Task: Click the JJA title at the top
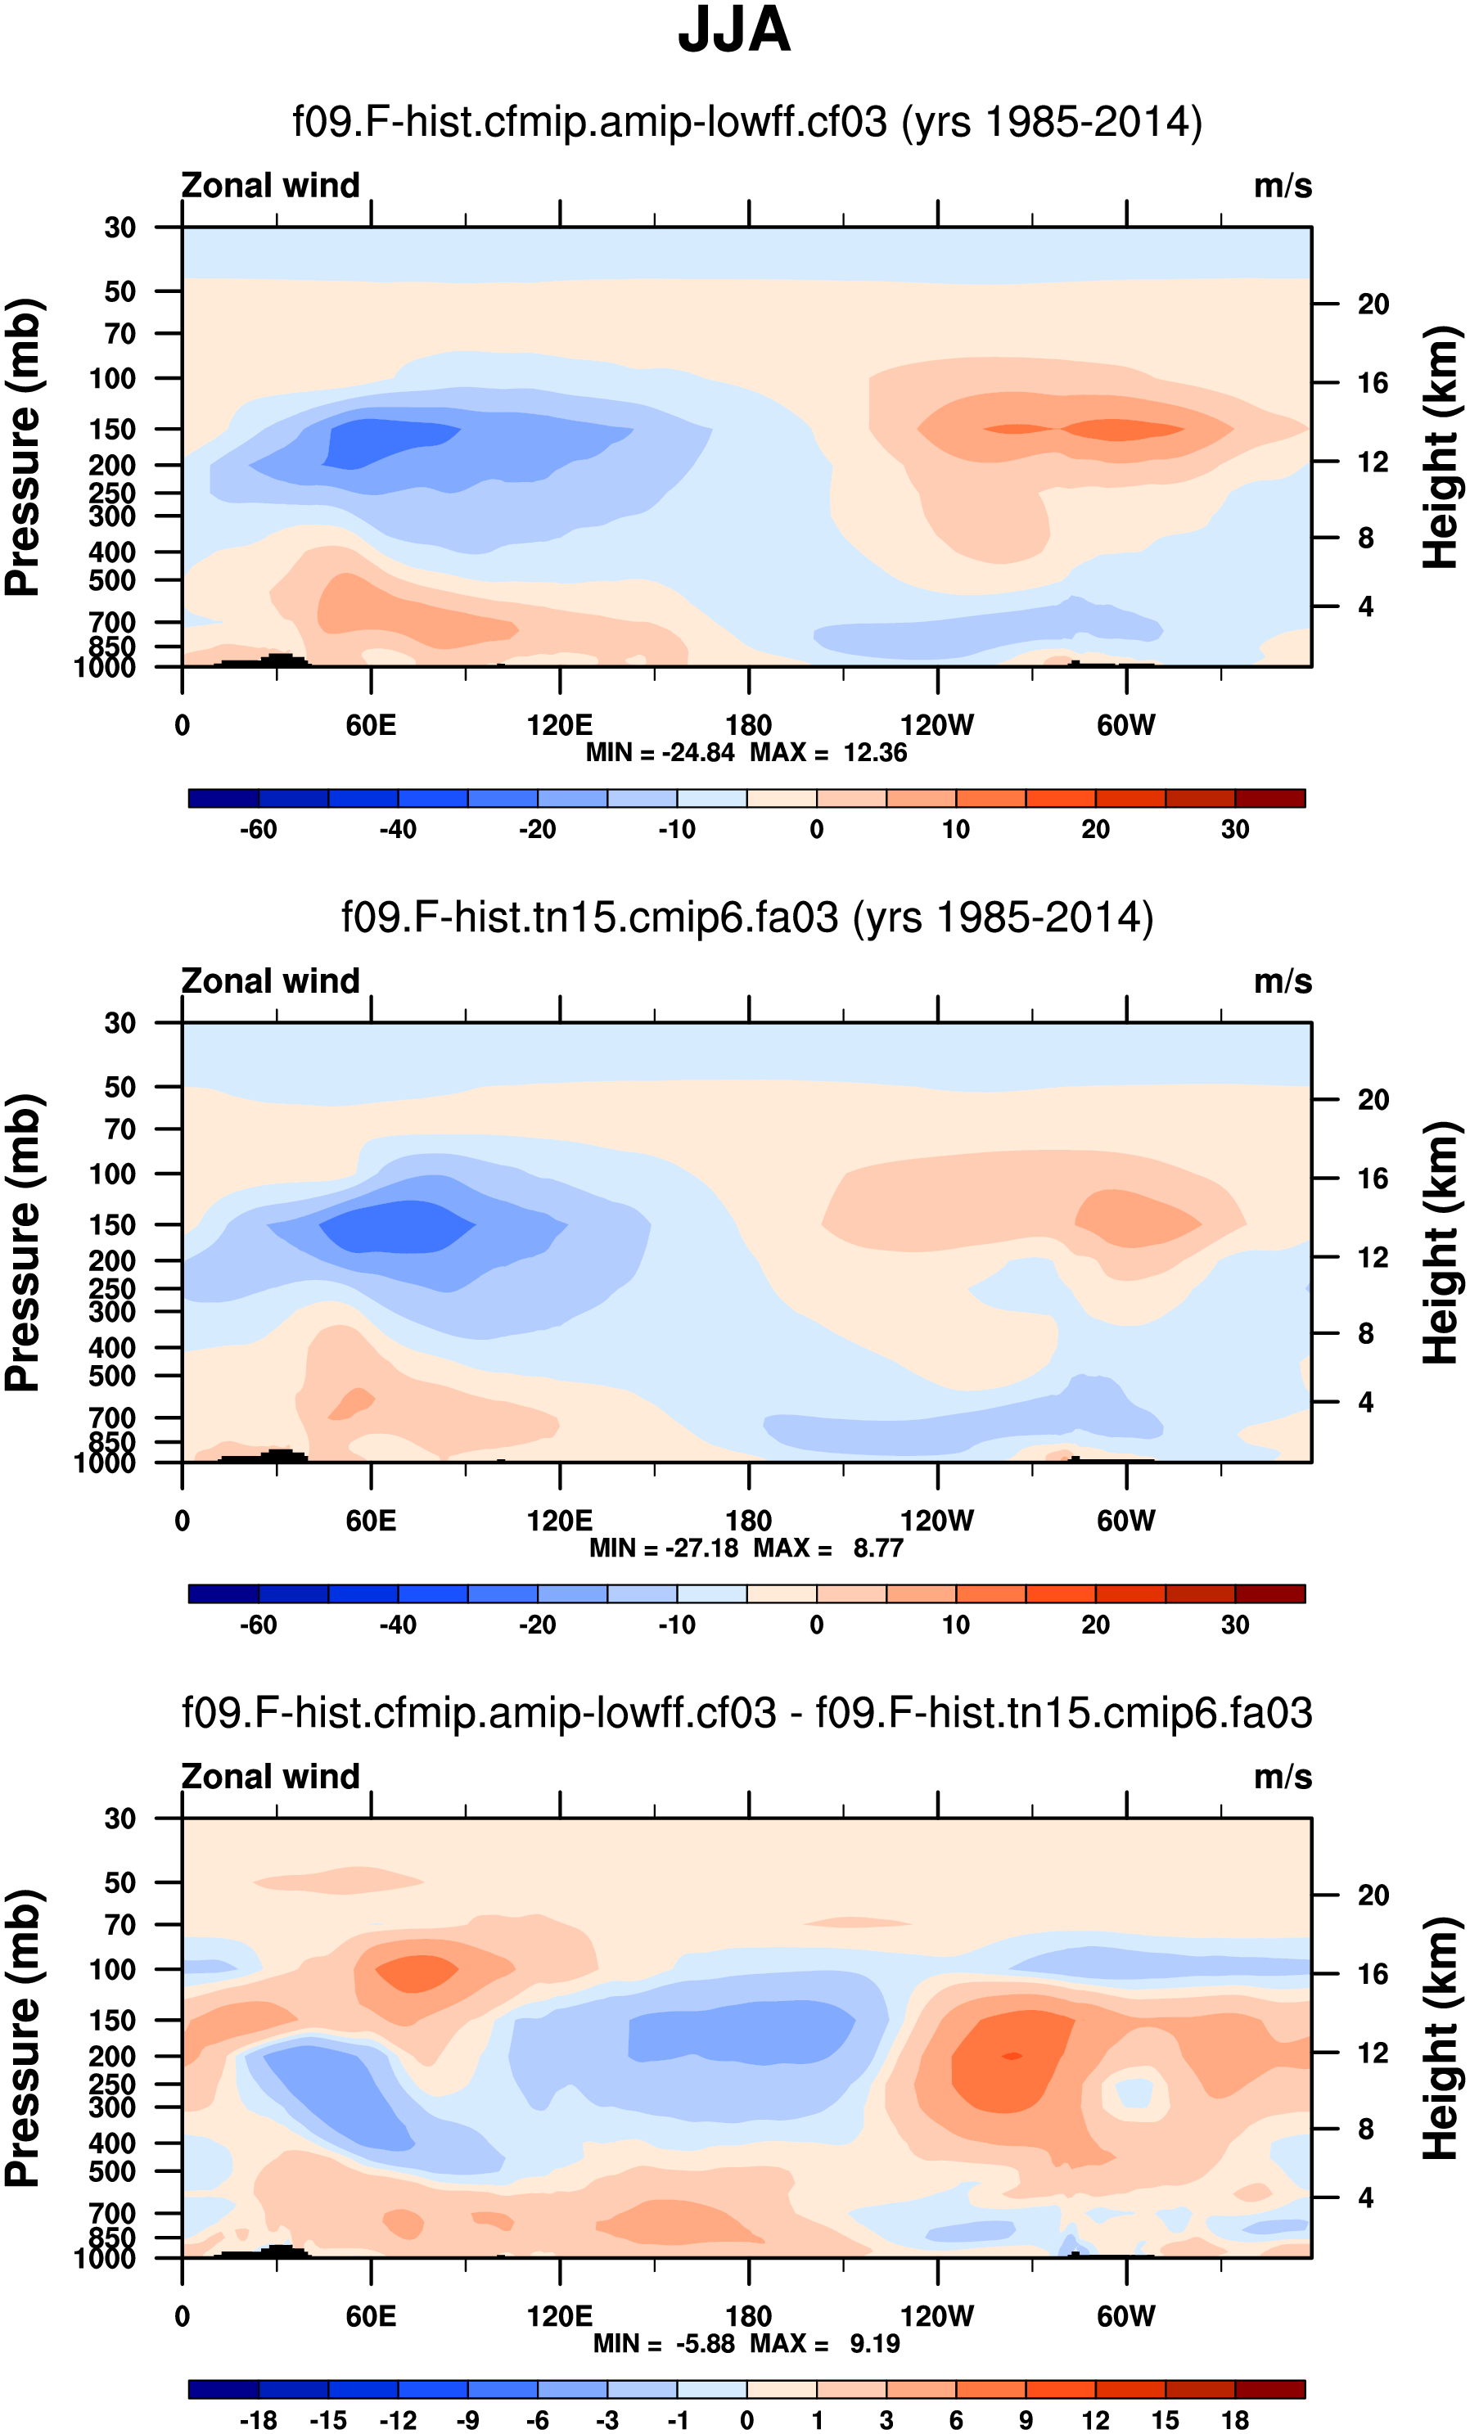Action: (734, 30)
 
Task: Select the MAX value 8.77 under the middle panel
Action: (878, 1548)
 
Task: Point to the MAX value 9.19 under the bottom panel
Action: (875, 2343)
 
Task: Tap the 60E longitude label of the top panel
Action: (371, 726)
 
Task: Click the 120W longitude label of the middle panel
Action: (936, 1521)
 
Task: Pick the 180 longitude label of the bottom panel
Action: (748, 2316)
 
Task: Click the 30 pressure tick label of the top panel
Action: (119, 228)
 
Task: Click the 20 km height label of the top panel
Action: (1373, 304)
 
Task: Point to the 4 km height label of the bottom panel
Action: (1365, 2198)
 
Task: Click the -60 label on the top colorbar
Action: (258, 830)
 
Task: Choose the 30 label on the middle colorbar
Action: (1235, 1625)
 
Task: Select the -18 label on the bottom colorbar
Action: (258, 2420)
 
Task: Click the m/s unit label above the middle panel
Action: (1283, 982)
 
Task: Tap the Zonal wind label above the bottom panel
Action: (271, 1777)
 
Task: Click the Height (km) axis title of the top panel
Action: (1441, 447)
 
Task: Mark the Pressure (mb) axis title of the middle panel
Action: (24, 1242)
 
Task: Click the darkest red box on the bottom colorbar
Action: (1269, 2390)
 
